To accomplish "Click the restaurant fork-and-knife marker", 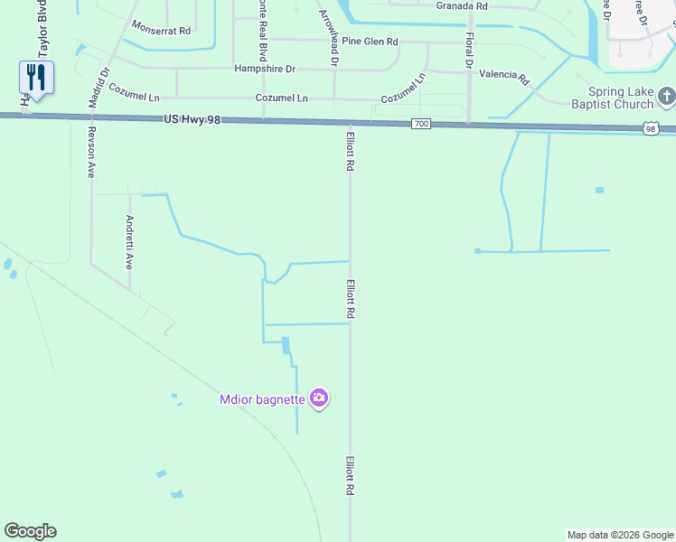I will [36, 77].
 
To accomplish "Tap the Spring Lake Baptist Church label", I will [620, 98].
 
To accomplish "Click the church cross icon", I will [667, 95].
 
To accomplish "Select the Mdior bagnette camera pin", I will [318, 397].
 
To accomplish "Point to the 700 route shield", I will [420, 124].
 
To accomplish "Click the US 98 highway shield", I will [651, 130].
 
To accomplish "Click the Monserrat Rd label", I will [161, 30].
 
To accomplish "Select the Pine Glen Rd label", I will [370, 42].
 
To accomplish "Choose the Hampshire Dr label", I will [265, 69].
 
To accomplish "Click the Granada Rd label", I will [462, 5].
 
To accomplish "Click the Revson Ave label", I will [90, 154].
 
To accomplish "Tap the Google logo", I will [30, 531].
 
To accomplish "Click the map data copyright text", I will [621, 535].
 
